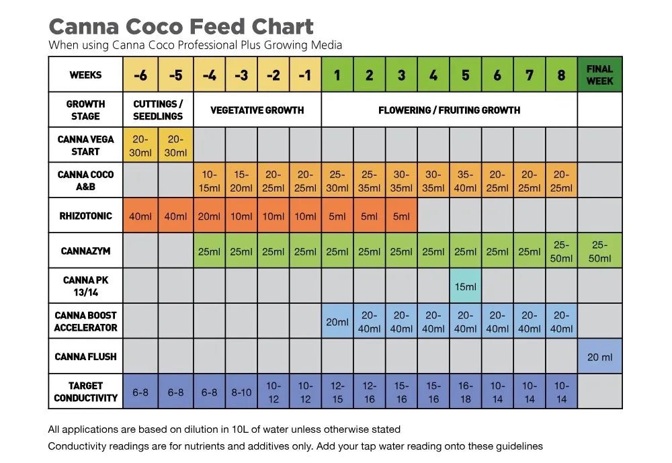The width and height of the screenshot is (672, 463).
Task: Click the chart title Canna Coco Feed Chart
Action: tap(181, 26)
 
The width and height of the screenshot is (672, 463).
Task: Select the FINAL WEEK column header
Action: tap(599, 75)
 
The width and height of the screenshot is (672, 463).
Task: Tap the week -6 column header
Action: tap(140, 75)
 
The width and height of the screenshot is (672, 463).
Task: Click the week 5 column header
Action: tap(465, 75)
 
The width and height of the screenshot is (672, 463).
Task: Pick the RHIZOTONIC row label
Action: tap(85, 216)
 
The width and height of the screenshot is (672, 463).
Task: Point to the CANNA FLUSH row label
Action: tap(85, 357)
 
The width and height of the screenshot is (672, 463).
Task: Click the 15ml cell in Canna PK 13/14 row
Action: tap(465, 286)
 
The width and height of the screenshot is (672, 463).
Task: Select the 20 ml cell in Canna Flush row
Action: tap(599, 357)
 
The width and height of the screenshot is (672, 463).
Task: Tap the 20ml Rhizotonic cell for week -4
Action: tap(210, 216)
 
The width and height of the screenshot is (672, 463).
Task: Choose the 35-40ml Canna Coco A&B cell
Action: tap(465, 181)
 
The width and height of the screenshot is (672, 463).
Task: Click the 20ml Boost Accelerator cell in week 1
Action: tap(337, 322)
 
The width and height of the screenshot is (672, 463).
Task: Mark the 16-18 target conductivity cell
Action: tap(465, 392)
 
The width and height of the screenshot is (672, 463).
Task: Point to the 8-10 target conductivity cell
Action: tap(241, 392)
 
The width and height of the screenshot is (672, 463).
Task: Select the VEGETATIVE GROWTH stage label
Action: tap(257, 110)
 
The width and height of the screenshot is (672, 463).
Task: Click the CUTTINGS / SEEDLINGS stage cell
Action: tap(158, 110)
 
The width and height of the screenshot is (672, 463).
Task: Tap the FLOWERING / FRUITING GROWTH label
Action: tap(449, 110)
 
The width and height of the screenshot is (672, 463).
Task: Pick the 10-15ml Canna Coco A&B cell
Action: tap(210, 181)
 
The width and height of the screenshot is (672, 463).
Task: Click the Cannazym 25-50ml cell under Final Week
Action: tap(599, 251)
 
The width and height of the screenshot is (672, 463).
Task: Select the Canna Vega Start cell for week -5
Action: tap(175, 145)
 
